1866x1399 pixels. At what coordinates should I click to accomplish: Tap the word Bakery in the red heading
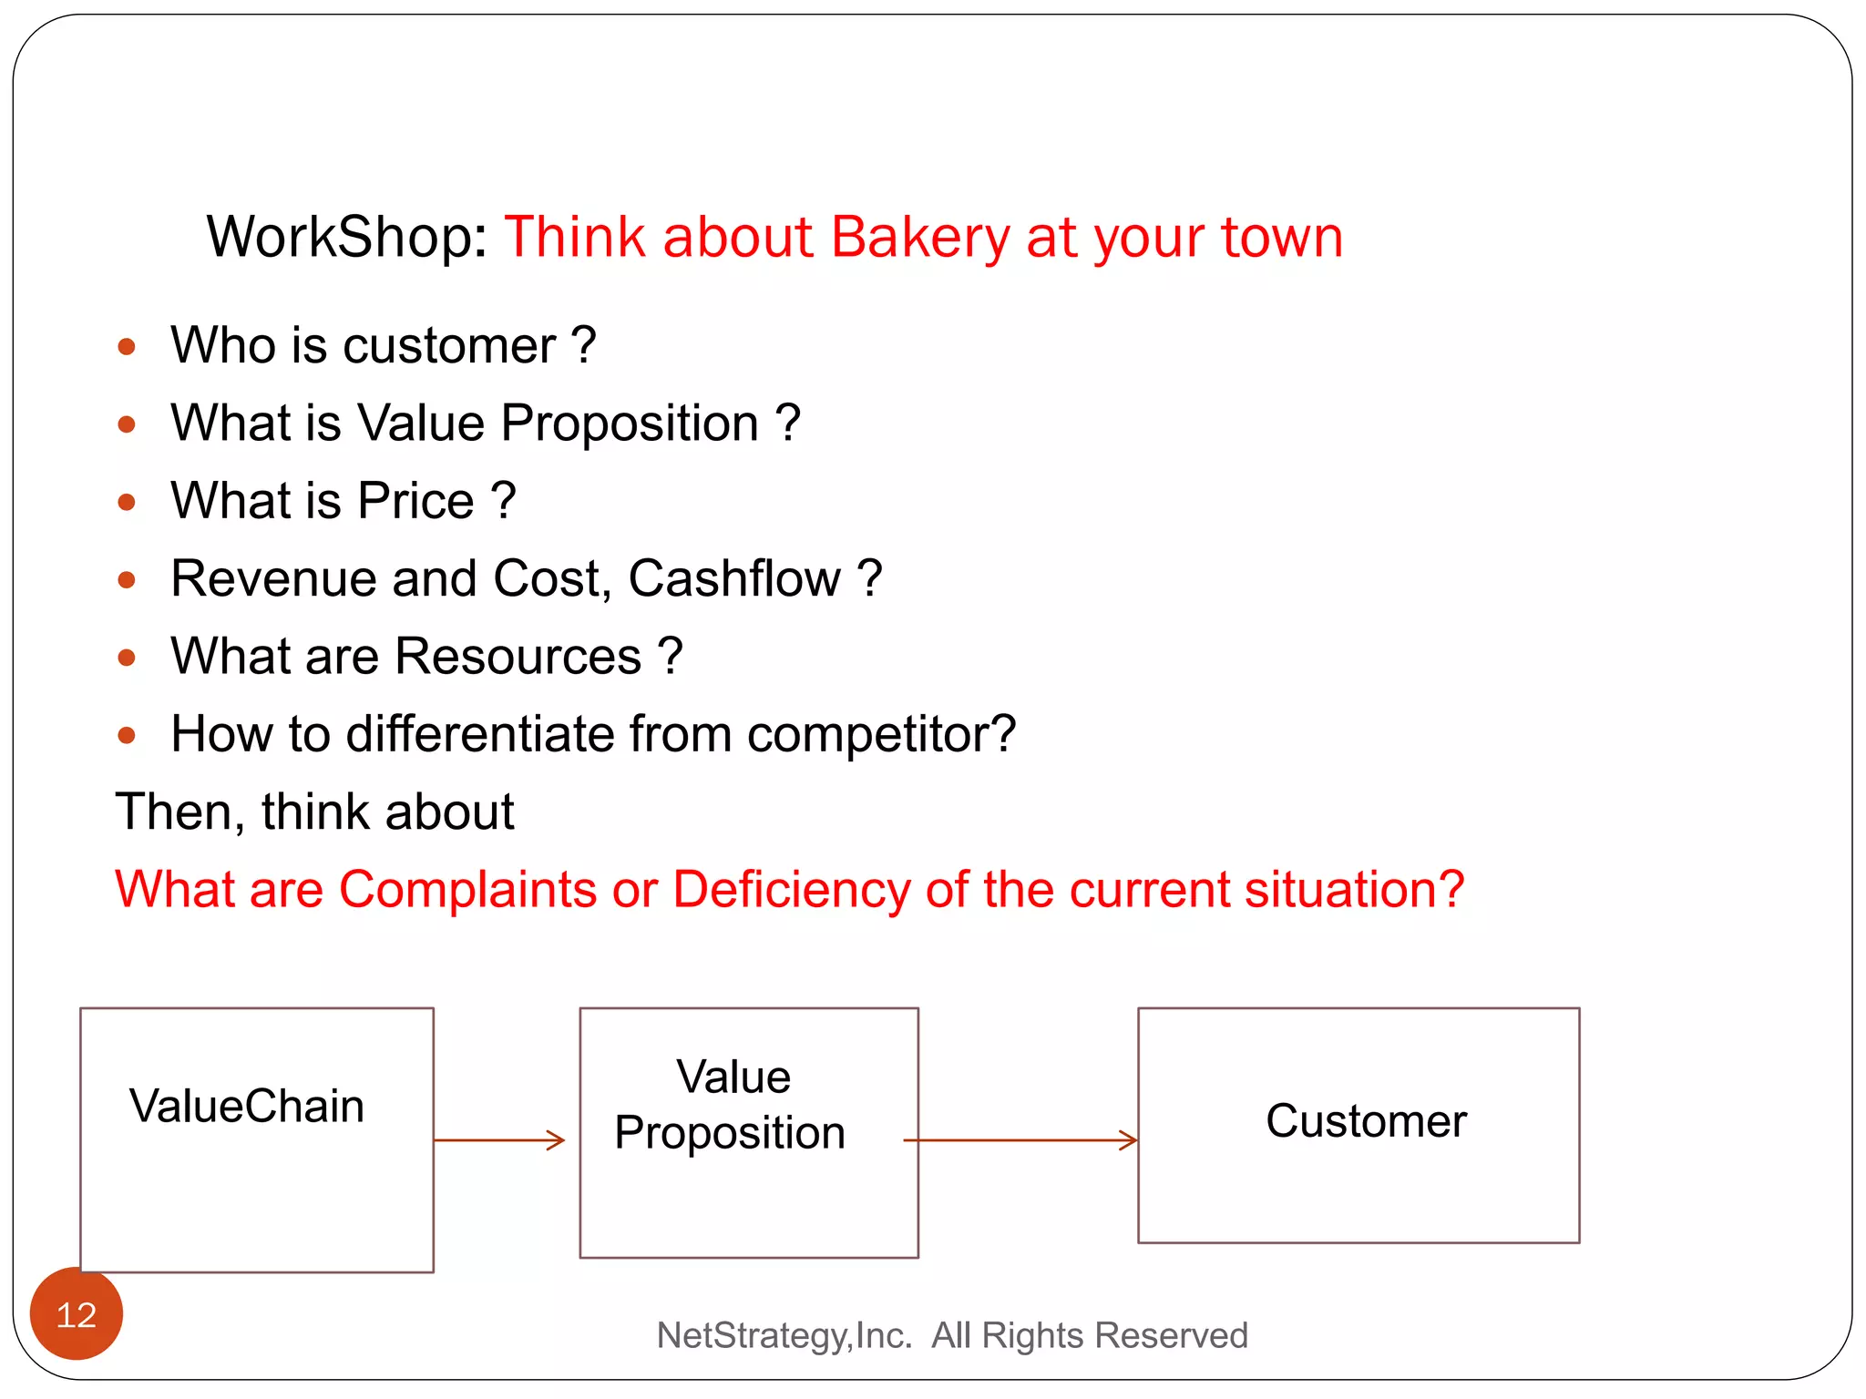tap(919, 238)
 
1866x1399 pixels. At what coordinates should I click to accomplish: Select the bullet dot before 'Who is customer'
tap(127, 346)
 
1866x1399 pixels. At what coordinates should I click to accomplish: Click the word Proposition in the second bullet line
tap(630, 424)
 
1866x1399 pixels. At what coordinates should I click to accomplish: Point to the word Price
tap(415, 501)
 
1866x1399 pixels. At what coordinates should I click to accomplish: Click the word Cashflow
tap(733, 579)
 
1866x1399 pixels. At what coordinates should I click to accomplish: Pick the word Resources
tap(518, 657)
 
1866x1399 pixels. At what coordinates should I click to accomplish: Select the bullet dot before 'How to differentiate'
tap(127, 735)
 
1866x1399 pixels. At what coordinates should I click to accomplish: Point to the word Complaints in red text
tap(467, 889)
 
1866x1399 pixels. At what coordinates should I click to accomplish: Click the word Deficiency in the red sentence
tap(791, 889)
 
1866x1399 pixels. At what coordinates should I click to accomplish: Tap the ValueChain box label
tap(247, 1107)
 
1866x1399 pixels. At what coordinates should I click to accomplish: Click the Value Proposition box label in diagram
tap(732, 1105)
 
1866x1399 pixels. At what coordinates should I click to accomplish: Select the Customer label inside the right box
tap(1366, 1121)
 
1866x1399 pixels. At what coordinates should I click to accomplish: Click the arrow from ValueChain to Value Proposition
tap(499, 1140)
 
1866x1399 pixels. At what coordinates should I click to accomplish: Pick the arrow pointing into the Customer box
tap(1020, 1140)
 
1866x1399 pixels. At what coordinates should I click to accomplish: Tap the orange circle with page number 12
tap(77, 1314)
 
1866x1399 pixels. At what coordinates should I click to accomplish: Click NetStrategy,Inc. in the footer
tap(784, 1335)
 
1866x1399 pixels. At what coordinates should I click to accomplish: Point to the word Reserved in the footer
tap(1171, 1335)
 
